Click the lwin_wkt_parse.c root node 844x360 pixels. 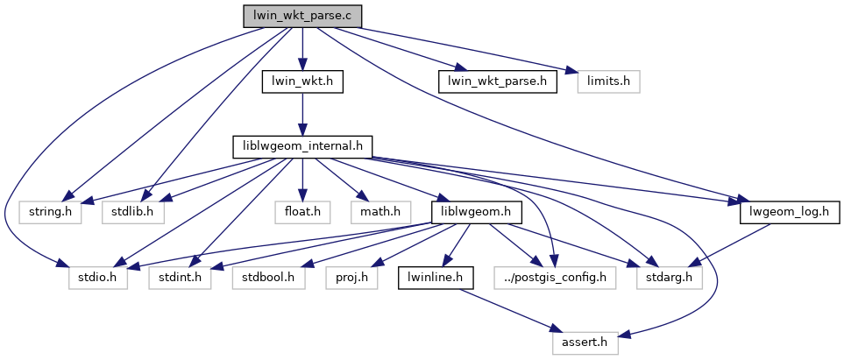[x=301, y=16]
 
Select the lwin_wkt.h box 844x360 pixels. [x=301, y=81]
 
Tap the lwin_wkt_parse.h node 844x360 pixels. [x=497, y=81]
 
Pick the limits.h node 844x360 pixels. [x=609, y=81]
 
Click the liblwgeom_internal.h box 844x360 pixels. [x=302, y=146]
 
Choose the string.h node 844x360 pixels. [x=51, y=212]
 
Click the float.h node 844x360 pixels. [x=302, y=212]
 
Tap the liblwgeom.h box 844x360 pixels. [x=477, y=212]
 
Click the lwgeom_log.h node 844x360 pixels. [x=791, y=212]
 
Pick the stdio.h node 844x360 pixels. [x=98, y=278]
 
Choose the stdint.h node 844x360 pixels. [x=181, y=278]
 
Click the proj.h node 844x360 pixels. [x=351, y=278]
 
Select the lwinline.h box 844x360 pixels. [x=436, y=278]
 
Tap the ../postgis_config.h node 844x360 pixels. [x=555, y=278]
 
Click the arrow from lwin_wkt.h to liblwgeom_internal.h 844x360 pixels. [x=301, y=114]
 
